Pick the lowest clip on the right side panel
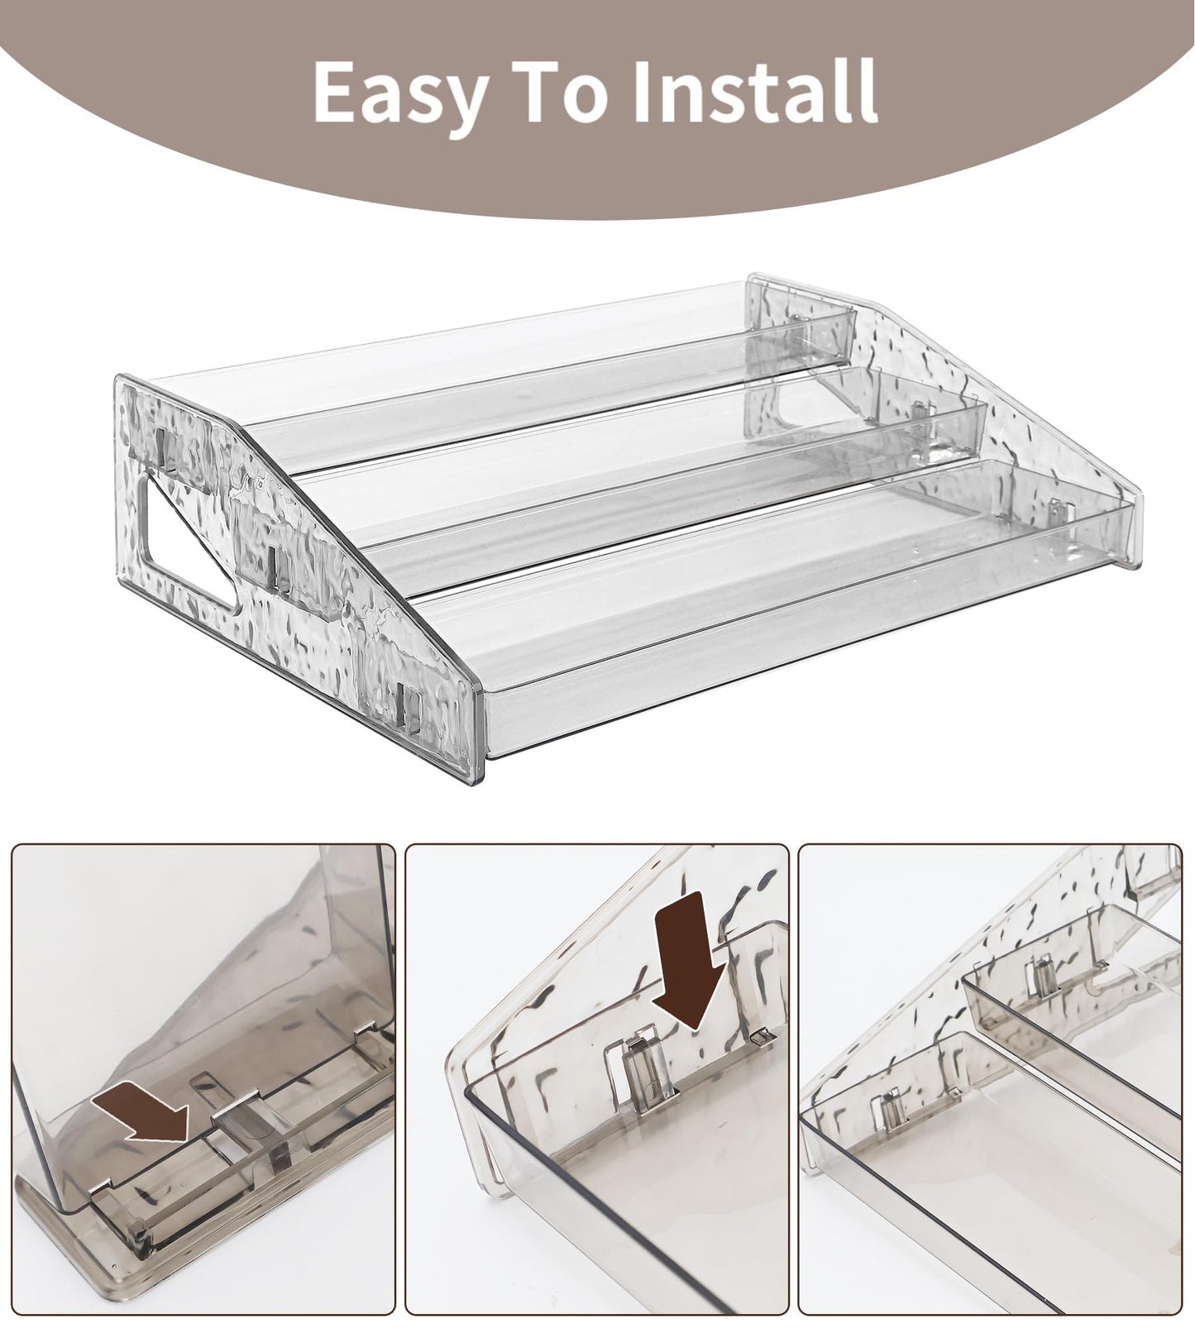[1056, 513]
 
